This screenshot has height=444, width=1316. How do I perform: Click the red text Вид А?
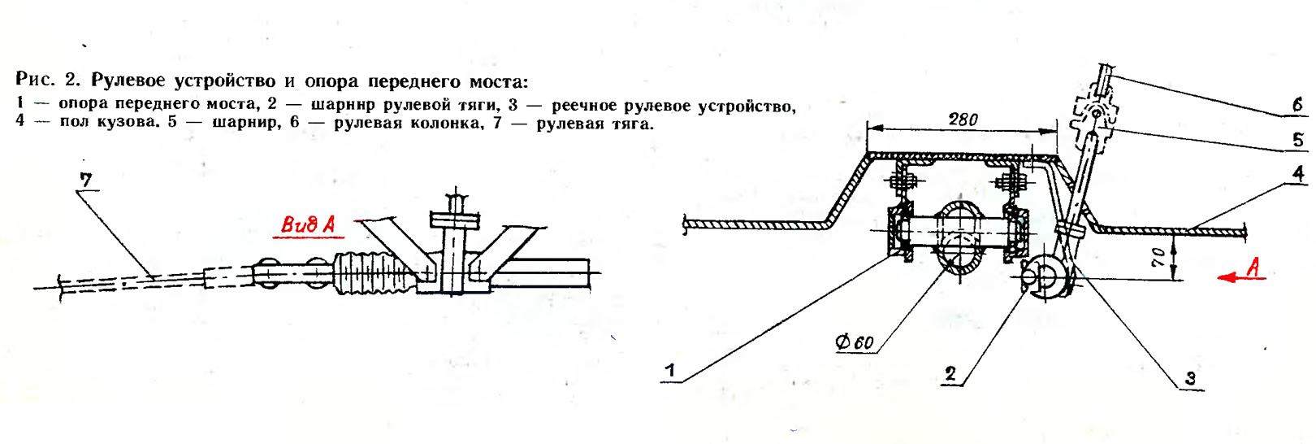click(x=308, y=224)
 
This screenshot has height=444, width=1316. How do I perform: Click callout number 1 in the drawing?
click(x=669, y=371)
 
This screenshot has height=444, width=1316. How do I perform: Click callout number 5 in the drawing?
click(x=1298, y=139)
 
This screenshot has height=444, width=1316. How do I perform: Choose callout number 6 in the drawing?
click(x=1298, y=105)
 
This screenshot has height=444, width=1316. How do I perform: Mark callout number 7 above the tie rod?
click(x=86, y=181)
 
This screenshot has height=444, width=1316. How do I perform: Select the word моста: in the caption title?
click(x=495, y=80)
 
